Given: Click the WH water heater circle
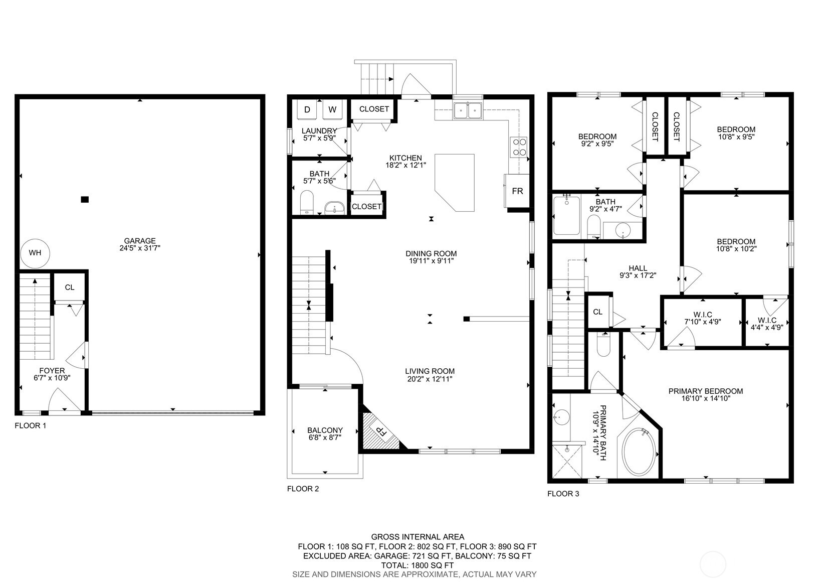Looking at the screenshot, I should pyautogui.click(x=35, y=253).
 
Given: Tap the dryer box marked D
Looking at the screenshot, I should pyautogui.click(x=307, y=110).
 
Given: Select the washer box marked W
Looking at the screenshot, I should pyautogui.click(x=332, y=110).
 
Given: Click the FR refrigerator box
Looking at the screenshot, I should pyautogui.click(x=517, y=191).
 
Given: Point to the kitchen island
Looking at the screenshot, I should pyautogui.click(x=455, y=182).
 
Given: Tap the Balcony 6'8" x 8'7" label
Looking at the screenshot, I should pyautogui.click(x=325, y=434).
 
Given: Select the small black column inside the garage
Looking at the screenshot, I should pyautogui.click(x=85, y=200).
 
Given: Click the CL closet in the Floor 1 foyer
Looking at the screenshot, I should pyautogui.click(x=70, y=287).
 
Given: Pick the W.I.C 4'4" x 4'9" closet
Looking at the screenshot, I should pyautogui.click(x=767, y=323).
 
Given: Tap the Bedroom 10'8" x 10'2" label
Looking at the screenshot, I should pyautogui.click(x=736, y=245).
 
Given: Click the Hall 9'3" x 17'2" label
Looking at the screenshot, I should pyautogui.click(x=638, y=272).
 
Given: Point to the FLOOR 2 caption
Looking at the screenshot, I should pyautogui.click(x=303, y=489).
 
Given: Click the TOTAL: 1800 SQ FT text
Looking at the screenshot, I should pyautogui.click(x=417, y=565).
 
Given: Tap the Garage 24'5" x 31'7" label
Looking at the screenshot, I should pyautogui.click(x=140, y=244).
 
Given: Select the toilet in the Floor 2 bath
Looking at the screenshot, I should pyautogui.click(x=307, y=202).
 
